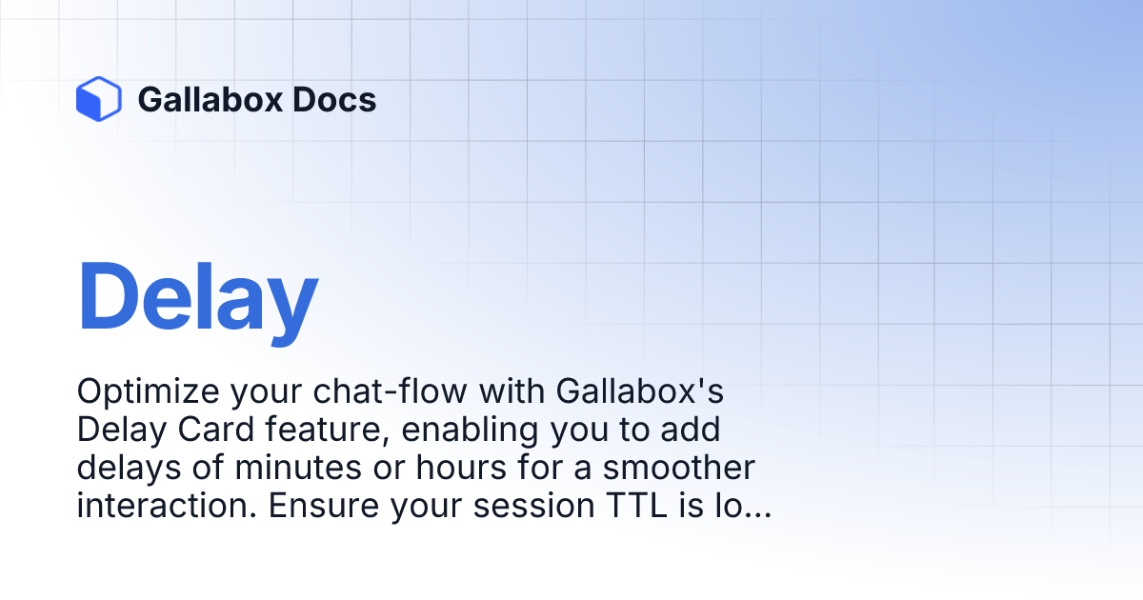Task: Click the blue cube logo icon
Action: [98, 99]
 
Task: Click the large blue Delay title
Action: [197, 297]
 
